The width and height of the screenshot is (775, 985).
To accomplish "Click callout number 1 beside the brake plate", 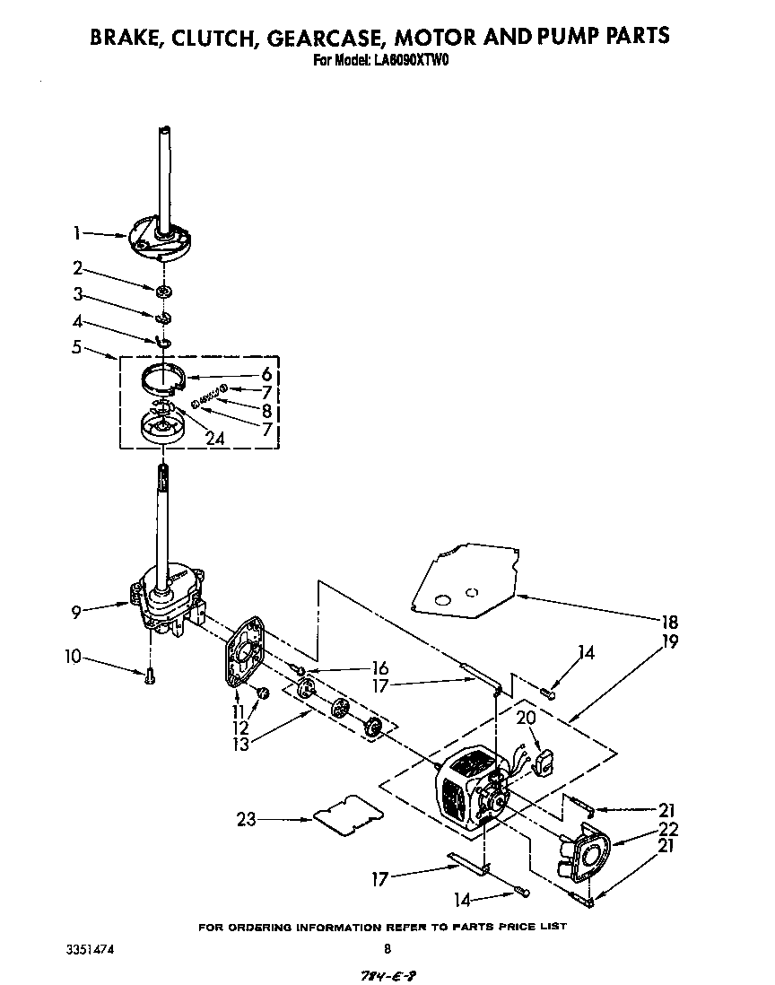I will pos(77,233).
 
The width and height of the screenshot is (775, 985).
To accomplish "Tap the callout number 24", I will pos(215,439).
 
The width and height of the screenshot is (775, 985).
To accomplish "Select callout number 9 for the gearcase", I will pos(78,612).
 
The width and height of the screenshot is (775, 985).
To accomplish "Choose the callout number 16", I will pos(380,667).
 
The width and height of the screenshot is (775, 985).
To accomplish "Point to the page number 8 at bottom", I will pos(387,948).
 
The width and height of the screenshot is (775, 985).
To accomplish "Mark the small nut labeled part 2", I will pos(164,291).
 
